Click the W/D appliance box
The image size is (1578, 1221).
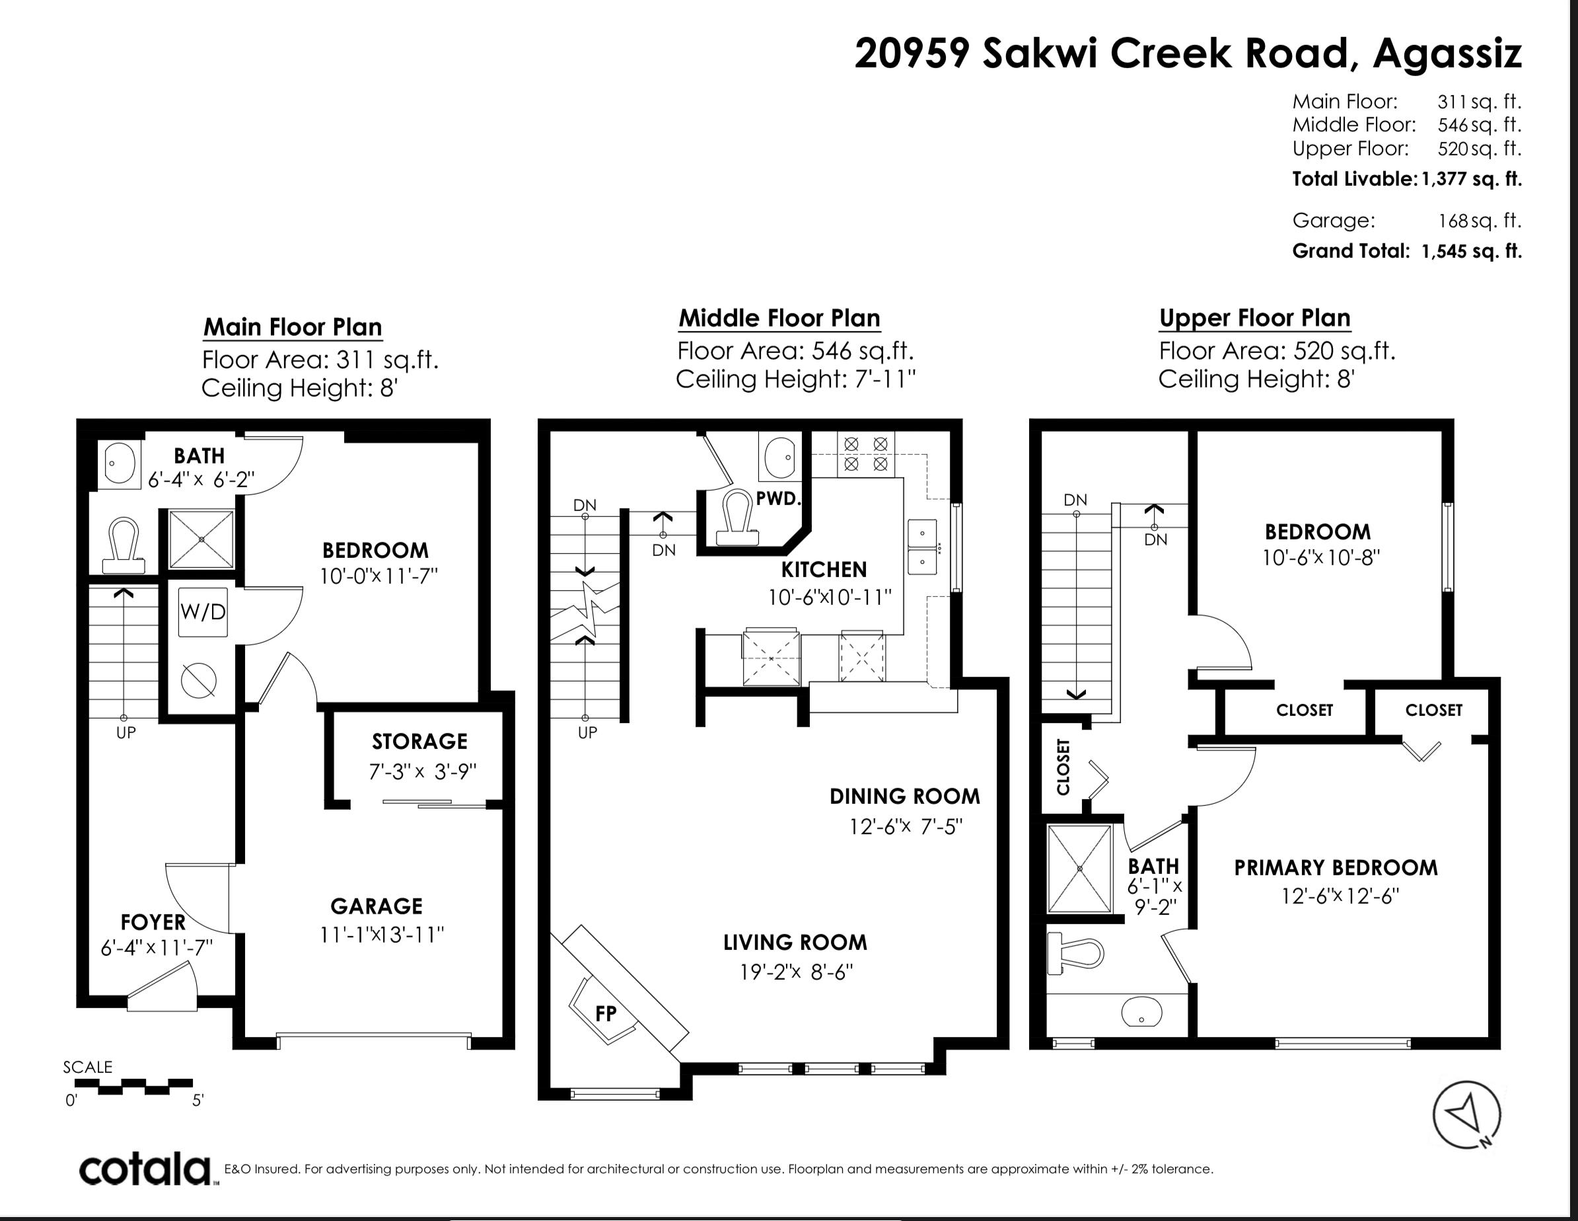(x=202, y=611)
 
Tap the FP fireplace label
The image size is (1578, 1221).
(x=606, y=1013)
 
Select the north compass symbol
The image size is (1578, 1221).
(x=1467, y=1117)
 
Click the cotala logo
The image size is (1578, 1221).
(x=145, y=1169)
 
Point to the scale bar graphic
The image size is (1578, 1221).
(x=133, y=1086)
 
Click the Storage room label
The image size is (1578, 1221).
(x=420, y=741)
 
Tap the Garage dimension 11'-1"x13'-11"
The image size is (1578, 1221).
(x=382, y=935)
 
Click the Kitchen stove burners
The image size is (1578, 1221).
(x=865, y=453)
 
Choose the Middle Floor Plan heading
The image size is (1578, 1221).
(x=779, y=318)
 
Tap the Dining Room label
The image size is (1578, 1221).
(x=905, y=796)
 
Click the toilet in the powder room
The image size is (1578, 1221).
(x=737, y=516)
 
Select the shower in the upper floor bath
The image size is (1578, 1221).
(x=1079, y=868)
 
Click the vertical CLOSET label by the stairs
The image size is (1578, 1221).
(x=1063, y=766)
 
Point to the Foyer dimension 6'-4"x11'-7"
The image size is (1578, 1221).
(x=157, y=947)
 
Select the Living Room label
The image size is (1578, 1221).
(x=795, y=942)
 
